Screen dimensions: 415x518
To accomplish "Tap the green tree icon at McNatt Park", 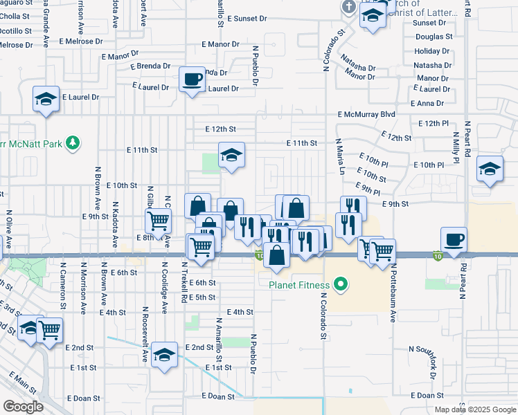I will pyautogui.click(x=71, y=143).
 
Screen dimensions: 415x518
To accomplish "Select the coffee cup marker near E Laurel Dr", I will pyautogui.click(x=192, y=79).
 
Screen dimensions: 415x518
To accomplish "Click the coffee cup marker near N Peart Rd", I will pyautogui.click(x=454, y=240).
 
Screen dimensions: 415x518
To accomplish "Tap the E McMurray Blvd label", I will pyautogui.click(x=366, y=114).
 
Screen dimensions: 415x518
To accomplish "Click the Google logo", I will pyautogui.click(x=22, y=406).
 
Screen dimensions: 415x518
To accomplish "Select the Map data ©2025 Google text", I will pyautogui.click(x=475, y=409).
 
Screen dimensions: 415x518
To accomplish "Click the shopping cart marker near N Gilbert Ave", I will pyautogui.click(x=158, y=221).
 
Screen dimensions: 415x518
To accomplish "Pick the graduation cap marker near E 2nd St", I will pyautogui.click(x=164, y=356).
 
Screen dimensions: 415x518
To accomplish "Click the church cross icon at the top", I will pyautogui.click(x=348, y=7).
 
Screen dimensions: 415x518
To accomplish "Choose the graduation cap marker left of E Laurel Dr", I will pyautogui.click(x=46, y=100).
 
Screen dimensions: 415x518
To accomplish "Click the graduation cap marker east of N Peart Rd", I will pyautogui.click(x=490, y=169).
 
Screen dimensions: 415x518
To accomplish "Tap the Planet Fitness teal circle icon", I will pyautogui.click(x=340, y=283).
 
